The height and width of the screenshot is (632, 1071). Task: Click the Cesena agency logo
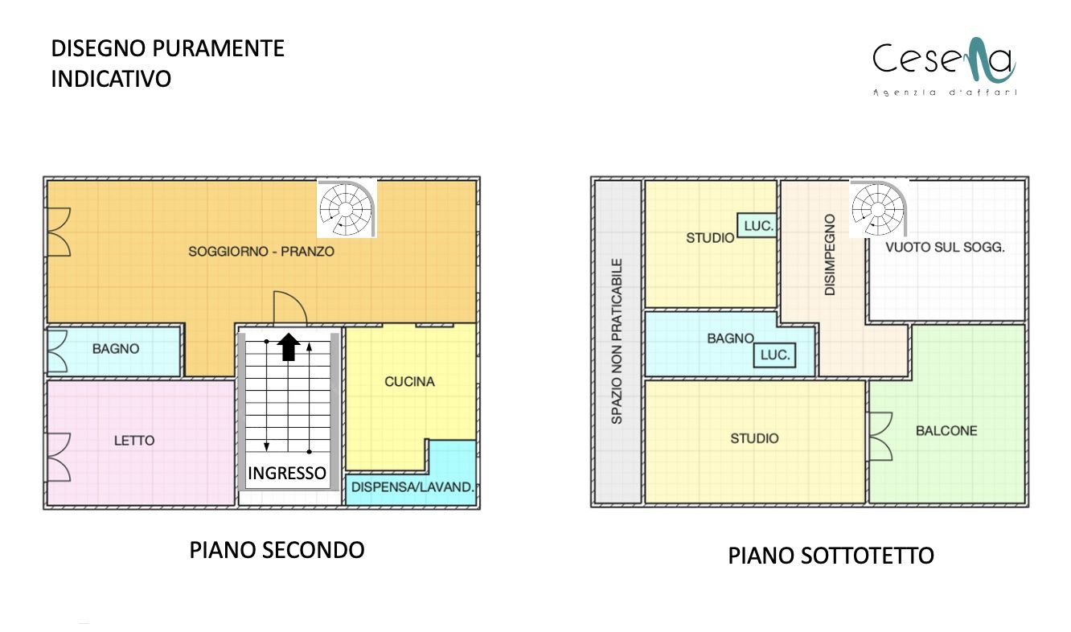tap(944, 66)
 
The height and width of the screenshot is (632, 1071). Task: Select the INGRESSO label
tap(287, 473)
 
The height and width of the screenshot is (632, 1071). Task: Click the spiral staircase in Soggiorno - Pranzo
tap(347, 208)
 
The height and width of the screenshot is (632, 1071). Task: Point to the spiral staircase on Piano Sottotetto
tap(879, 208)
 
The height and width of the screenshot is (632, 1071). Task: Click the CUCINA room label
tap(410, 381)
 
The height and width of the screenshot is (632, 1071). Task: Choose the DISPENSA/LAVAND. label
tap(412, 487)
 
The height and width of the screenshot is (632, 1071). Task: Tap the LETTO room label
tap(134, 441)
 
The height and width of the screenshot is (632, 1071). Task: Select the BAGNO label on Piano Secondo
tap(116, 348)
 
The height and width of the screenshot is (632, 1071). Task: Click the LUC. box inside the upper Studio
tap(756, 226)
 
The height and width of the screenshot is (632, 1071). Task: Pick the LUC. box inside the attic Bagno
tap(774, 355)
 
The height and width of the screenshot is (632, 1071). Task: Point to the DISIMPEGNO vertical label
tap(830, 254)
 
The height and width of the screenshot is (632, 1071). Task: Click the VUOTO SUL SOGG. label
tap(945, 247)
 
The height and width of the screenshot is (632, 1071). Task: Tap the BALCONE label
tap(946, 431)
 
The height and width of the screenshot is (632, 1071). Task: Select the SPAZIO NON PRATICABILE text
tap(617, 342)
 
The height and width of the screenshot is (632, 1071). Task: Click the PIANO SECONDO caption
tap(277, 550)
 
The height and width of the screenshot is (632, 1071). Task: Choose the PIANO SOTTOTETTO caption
tap(831, 556)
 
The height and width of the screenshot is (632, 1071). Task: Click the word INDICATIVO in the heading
tap(111, 79)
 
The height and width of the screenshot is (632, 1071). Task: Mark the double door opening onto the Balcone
tap(880, 437)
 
